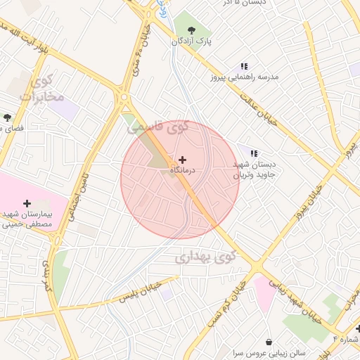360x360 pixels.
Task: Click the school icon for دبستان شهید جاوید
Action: (254, 153)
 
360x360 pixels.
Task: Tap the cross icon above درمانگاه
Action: (183, 160)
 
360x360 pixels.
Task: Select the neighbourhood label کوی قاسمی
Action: (161, 127)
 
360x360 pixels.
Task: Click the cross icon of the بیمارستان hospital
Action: (27, 203)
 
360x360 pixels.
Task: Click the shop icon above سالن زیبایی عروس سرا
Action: (269, 342)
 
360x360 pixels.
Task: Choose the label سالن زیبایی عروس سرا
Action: (269, 353)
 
